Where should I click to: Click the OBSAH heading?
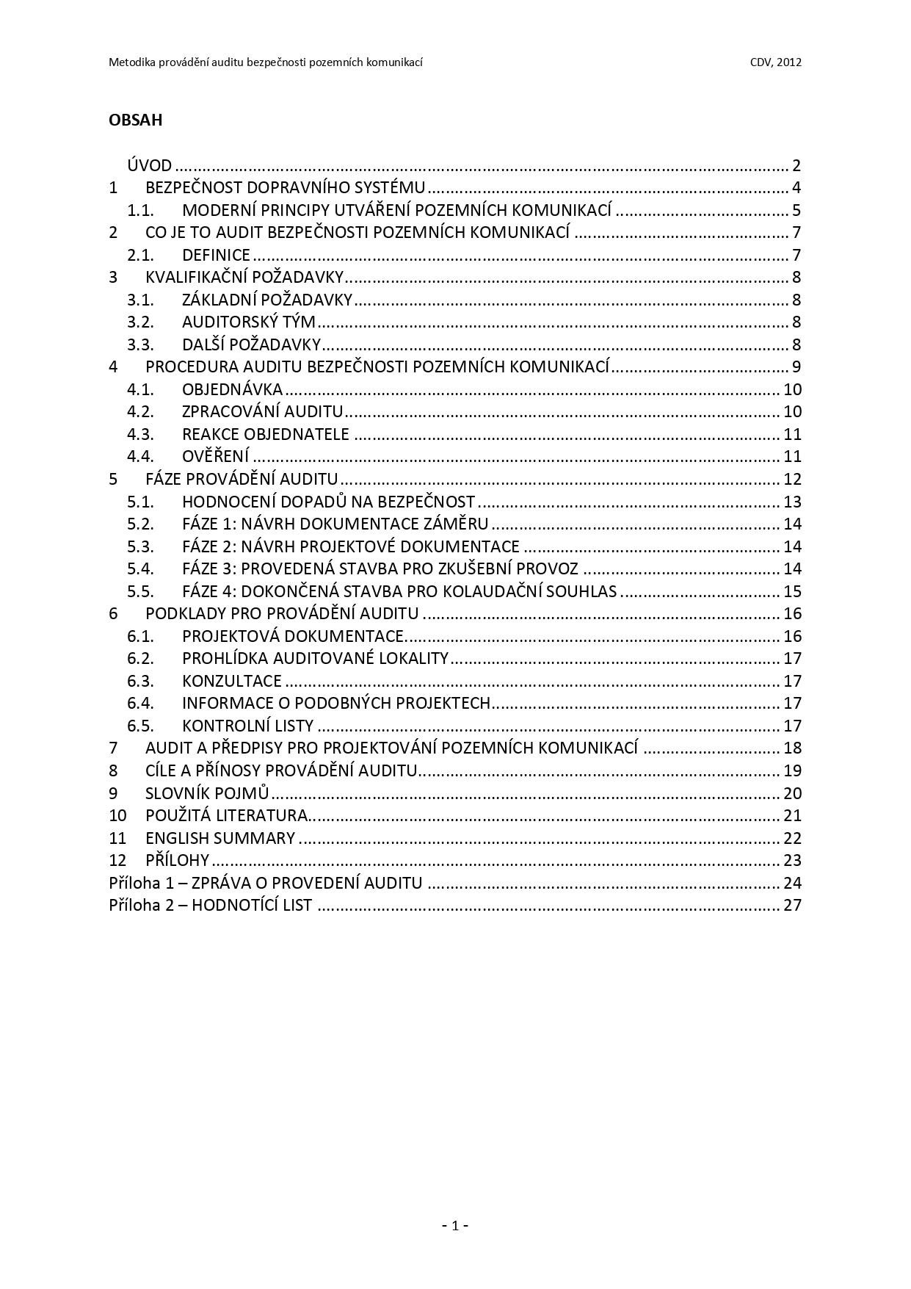(135, 120)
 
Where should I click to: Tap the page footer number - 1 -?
(455, 1225)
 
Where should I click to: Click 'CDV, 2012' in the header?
(775, 62)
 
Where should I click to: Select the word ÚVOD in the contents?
(149, 165)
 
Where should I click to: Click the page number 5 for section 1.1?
(796, 211)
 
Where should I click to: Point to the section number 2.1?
(140, 256)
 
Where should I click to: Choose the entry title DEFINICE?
(216, 256)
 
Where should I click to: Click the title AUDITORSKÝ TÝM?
(248, 322)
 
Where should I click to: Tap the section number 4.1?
(140, 390)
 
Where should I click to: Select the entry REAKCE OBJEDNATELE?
(265, 435)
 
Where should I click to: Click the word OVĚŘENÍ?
(216, 457)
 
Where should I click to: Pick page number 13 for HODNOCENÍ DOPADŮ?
(792, 502)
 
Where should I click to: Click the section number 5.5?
(140, 592)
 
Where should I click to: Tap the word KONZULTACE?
(231, 682)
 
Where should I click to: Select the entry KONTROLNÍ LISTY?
(247, 726)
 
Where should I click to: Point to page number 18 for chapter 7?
(792, 748)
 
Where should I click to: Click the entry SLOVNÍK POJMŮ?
(207, 793)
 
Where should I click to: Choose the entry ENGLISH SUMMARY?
(220, 838)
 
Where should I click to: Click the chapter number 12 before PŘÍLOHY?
(117, 860)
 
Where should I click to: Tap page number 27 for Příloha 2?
(792, 905)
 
